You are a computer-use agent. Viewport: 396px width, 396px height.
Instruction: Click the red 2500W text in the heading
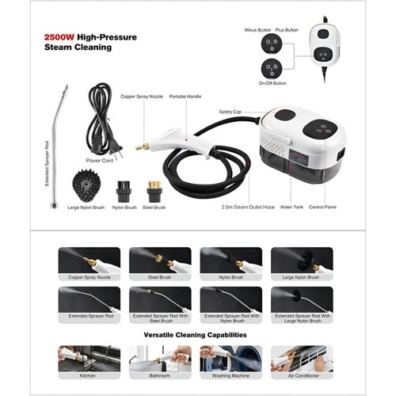point(59,37)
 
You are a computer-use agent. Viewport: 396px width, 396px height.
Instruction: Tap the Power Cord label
point(100,161)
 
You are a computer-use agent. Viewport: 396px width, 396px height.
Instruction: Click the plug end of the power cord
point(116,153)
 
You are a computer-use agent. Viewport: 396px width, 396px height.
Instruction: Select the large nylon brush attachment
point(86,185)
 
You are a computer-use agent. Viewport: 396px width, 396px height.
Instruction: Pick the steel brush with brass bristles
point(154,192)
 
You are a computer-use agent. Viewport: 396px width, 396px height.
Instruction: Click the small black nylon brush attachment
point(124,192)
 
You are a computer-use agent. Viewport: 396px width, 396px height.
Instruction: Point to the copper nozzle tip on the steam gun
point(141,147)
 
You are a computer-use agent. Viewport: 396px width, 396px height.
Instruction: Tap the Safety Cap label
point(230,112)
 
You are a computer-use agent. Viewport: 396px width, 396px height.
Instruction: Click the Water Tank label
point(291,207)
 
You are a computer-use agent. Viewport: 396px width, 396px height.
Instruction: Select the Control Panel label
point(322,207)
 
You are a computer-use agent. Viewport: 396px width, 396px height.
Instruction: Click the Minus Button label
point(257,30)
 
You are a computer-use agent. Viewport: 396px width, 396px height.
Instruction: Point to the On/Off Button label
point(272,83)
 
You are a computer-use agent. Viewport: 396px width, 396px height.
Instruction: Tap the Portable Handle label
point(185,97)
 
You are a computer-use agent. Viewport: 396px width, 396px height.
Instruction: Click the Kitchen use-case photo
point(89,359)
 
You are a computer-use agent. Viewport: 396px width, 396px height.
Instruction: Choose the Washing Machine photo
point(231,359)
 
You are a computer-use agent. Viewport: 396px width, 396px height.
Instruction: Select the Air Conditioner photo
point(302,359)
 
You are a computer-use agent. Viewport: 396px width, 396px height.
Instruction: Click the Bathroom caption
point(160,375)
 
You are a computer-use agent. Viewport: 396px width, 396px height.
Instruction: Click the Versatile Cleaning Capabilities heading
point(196,335)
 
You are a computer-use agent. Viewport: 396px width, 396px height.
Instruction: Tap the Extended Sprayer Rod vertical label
point(47,164)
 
